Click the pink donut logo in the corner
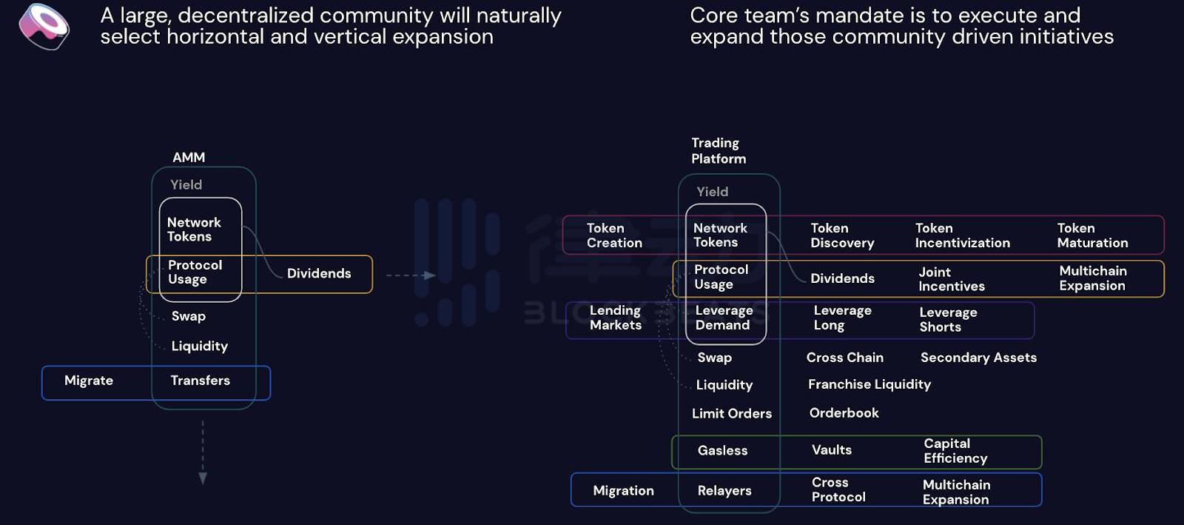click(44, 26)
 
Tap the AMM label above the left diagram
click(189, 157)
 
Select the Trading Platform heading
click(718, 150)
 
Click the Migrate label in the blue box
click(89, 381)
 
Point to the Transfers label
click(200, 381)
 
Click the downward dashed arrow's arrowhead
click(203, 478)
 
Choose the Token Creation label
click(614, 235)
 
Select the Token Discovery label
click(842, 235)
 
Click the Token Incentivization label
click(962, 235)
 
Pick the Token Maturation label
click(1092, 235)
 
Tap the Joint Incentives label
click(951, 279)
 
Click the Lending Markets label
click(615, 318)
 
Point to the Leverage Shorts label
click(948, 320)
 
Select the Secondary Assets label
click(978, 358)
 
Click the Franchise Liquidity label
click(869, 384)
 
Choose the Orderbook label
click(844, 413)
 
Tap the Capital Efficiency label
click(955, 451)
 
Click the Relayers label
click(724, 491)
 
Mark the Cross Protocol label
click(838, 490)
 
